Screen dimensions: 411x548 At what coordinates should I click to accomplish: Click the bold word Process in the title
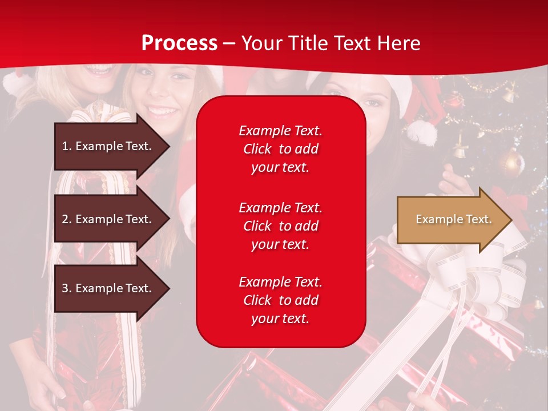(179, 43)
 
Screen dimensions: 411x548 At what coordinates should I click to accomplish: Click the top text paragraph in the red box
(280, 149)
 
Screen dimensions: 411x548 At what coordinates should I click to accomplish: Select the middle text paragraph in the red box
(280, 226)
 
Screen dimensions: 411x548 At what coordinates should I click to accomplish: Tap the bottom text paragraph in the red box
(280, 300)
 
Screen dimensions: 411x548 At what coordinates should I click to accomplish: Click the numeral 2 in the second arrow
(65, 219)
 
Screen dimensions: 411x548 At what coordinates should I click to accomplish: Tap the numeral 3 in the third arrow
(65, 288)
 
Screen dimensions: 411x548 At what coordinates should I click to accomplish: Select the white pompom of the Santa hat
(421, 132)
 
